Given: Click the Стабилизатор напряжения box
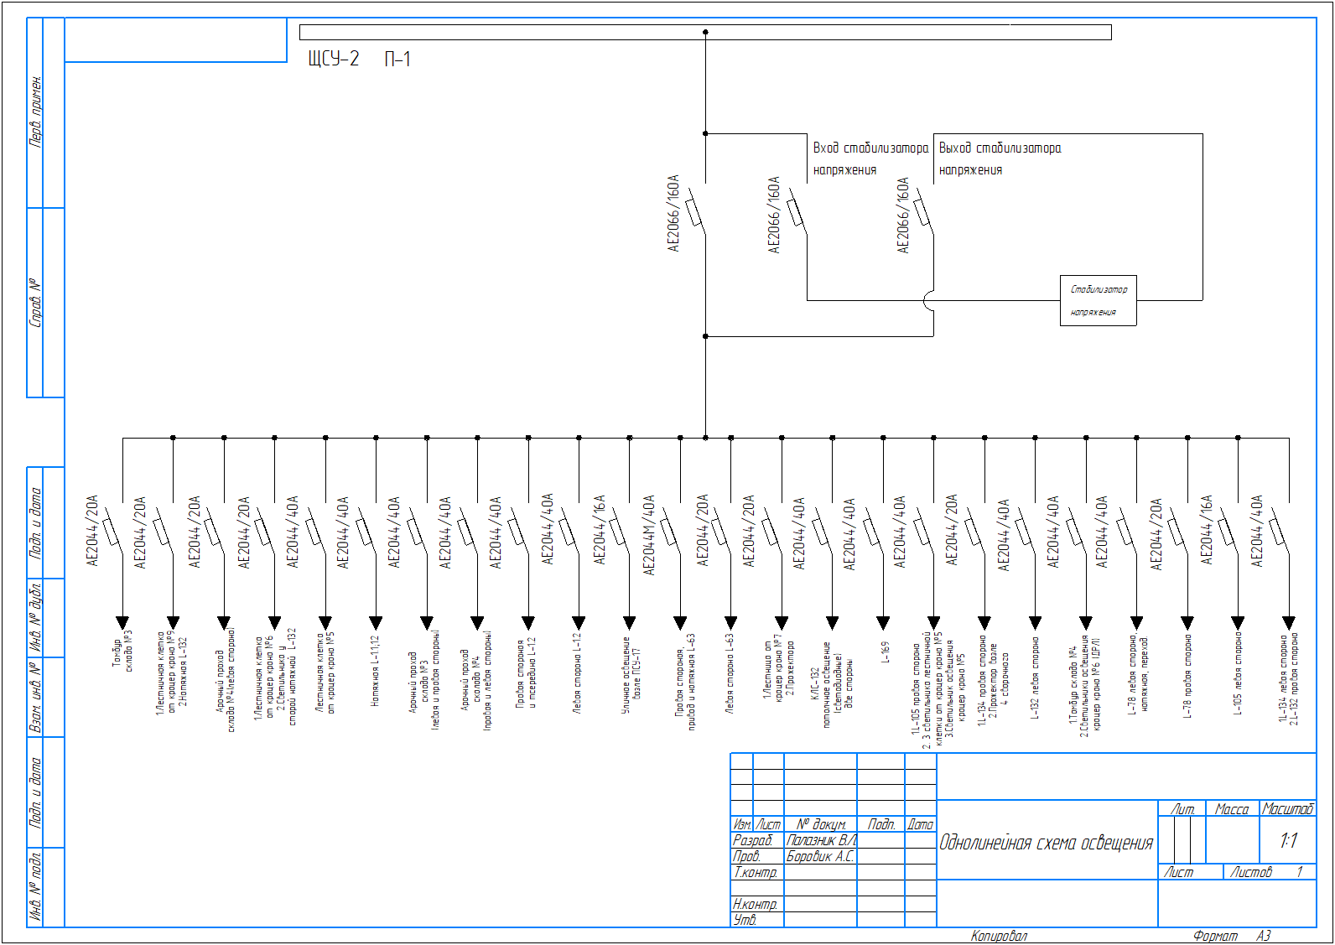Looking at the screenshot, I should [1098, 300].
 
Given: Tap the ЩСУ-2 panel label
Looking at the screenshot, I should [334, 59].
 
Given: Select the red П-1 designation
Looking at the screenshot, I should [397, 59].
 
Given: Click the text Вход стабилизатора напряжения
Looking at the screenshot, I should [870, 158].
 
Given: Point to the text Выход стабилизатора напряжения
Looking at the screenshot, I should [999, 158].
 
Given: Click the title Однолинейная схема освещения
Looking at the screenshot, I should [1046, 843].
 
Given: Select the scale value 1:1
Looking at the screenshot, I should [1288, 840].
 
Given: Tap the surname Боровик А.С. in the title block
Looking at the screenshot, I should [820, 856].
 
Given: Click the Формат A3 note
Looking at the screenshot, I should [1232, 936].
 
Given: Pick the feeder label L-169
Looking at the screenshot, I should [884, 652].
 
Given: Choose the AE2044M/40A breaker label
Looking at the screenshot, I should [649, 534].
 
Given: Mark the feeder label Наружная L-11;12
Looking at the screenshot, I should [376, 669].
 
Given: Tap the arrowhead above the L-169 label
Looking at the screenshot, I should [883, 622].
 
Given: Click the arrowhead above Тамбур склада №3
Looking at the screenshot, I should [122, 622].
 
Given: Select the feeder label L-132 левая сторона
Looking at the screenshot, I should [1036, 678].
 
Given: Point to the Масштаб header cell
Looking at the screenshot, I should [1287, 808].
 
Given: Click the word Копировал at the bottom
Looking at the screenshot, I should [999, 936].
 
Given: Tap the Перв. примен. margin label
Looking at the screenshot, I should [36, 112].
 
